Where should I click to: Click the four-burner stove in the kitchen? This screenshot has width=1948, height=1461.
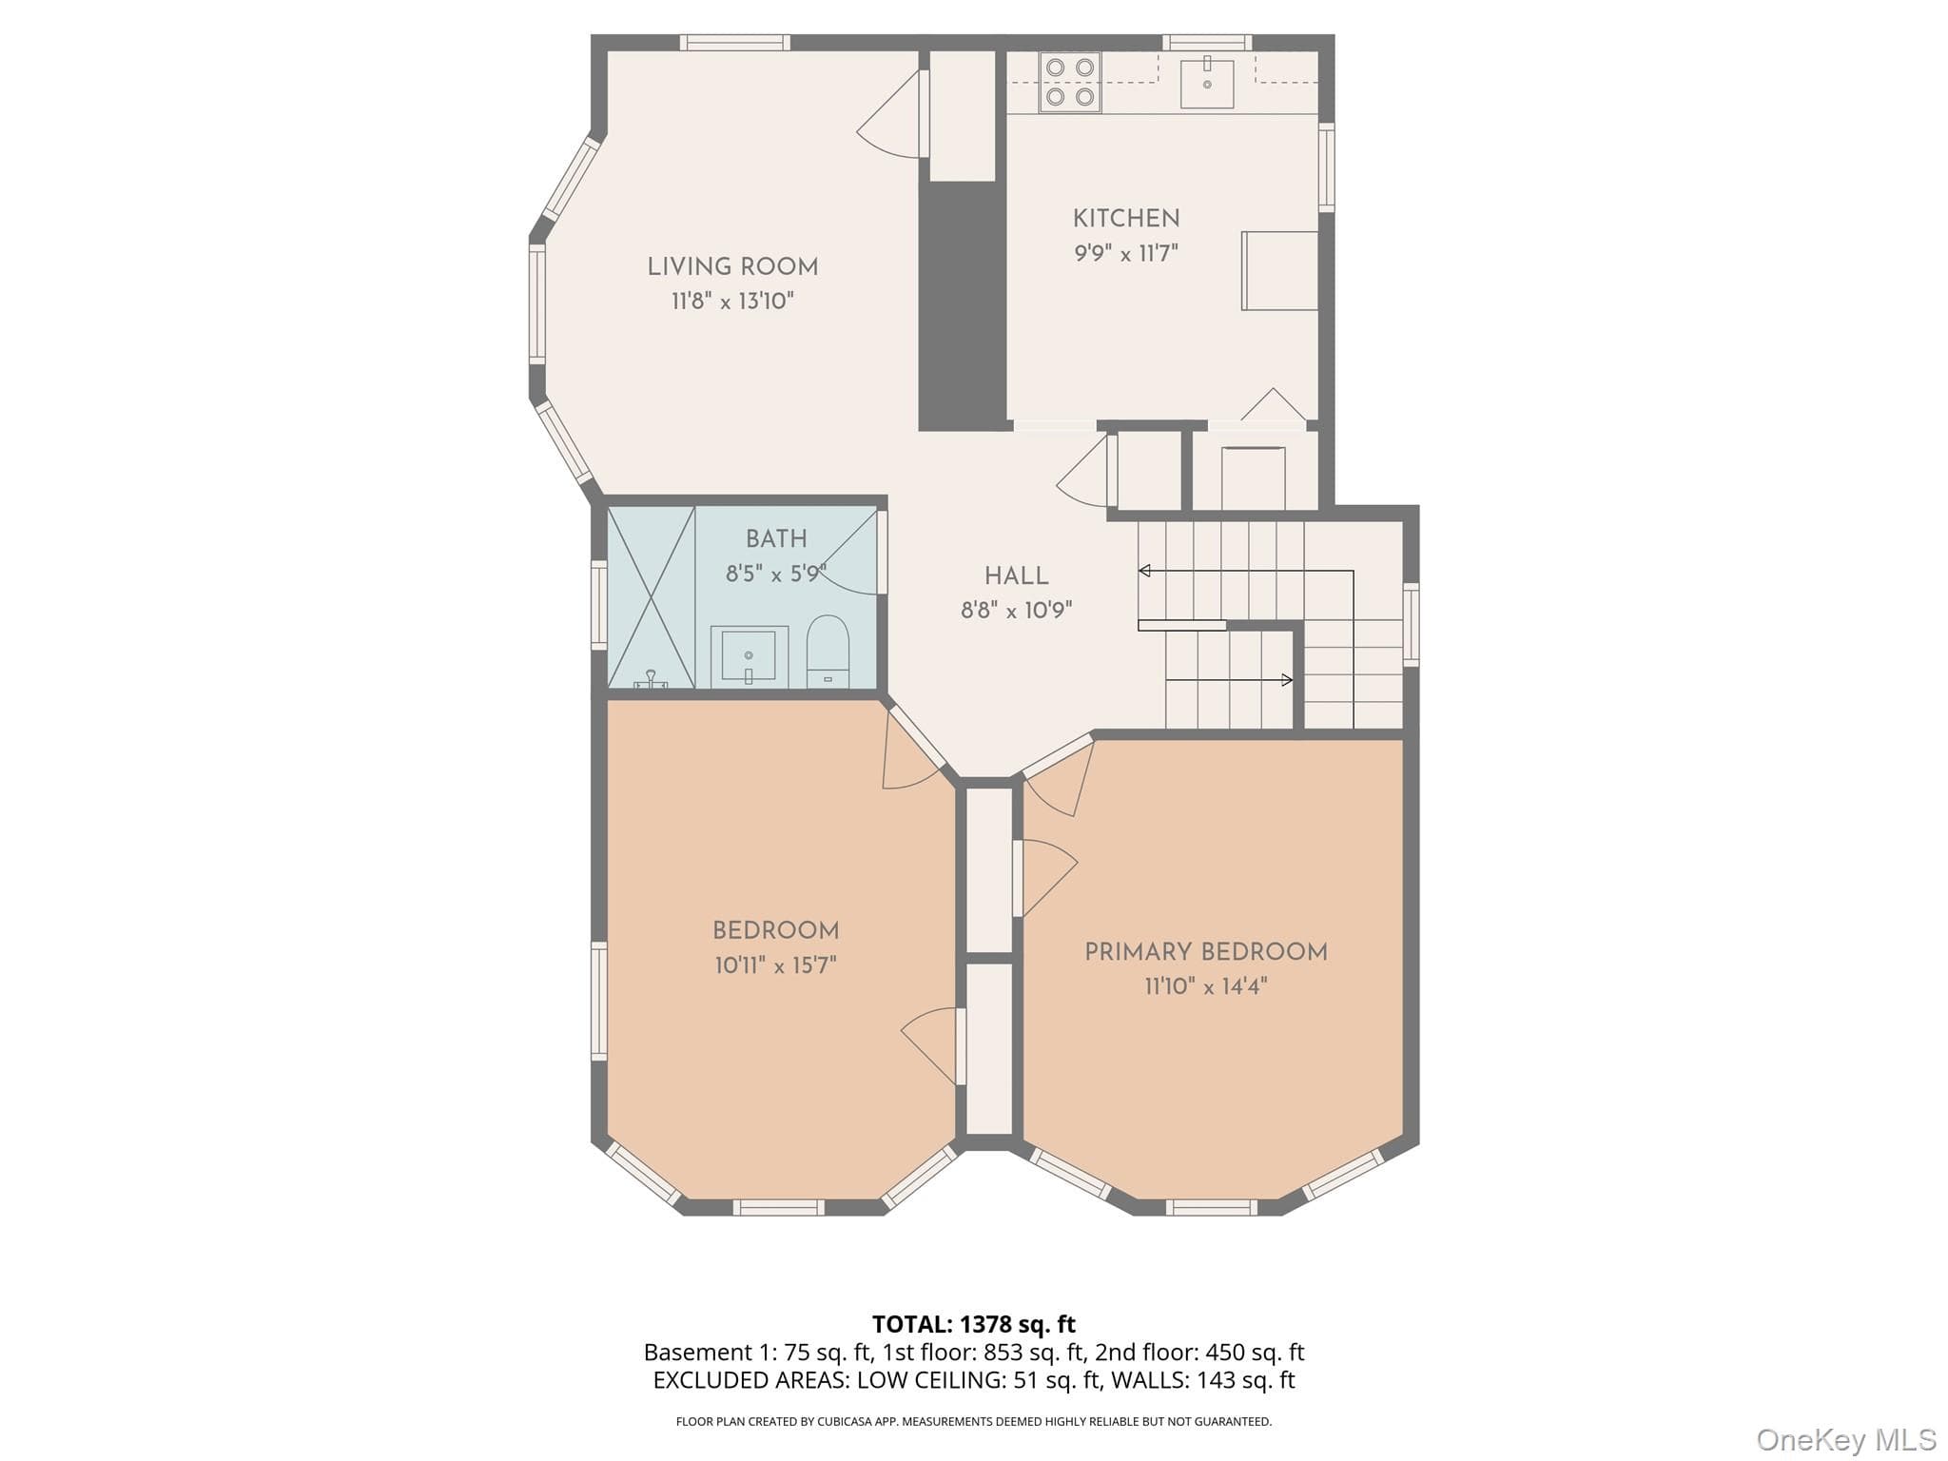tap(1070, 82)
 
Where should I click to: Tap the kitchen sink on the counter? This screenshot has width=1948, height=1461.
tap(1207, 84)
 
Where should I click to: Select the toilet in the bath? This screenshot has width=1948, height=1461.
tap(828, 651)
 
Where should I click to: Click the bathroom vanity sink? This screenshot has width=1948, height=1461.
tap(750, 656)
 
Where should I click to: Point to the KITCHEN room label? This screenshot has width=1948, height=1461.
tap(1126, 219)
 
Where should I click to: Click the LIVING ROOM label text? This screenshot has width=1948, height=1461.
tap(732, 267)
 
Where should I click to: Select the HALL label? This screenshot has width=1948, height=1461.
tap(1017, 576)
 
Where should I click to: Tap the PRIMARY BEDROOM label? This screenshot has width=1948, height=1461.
tap(1206, 952)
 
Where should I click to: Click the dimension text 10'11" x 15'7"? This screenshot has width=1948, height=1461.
tap(776, 966)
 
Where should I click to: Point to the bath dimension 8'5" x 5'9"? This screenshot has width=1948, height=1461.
tap(776, 574)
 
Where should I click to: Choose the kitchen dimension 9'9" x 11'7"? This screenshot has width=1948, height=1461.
tap(1126, 254)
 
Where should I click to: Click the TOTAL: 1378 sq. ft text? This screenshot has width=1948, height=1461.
tap(974, 1324)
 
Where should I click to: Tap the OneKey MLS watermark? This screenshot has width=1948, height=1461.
tap(1846, 1440)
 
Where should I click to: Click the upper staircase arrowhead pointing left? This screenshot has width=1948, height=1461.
tap(1144, 571)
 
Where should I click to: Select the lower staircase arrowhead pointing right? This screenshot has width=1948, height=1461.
tap(1287, 680)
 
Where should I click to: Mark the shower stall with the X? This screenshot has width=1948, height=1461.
tap(651, 597)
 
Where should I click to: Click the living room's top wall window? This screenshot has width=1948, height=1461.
tap(735, 43)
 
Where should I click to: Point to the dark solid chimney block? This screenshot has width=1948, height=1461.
tap(963, 305)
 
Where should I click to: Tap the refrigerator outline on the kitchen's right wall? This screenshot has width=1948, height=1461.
tap(1279, 270)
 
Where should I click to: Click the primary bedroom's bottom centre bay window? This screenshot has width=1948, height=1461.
tap(1212, 1208)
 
